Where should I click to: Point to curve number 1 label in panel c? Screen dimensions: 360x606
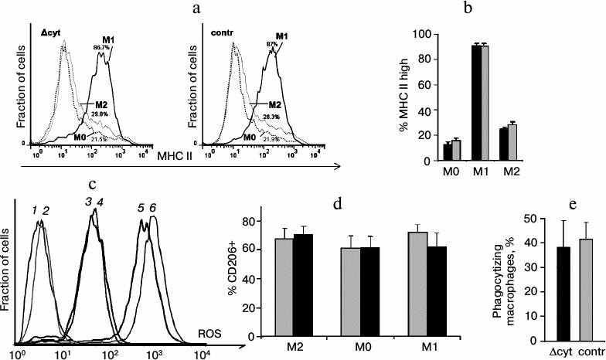(x=35, y=210)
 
